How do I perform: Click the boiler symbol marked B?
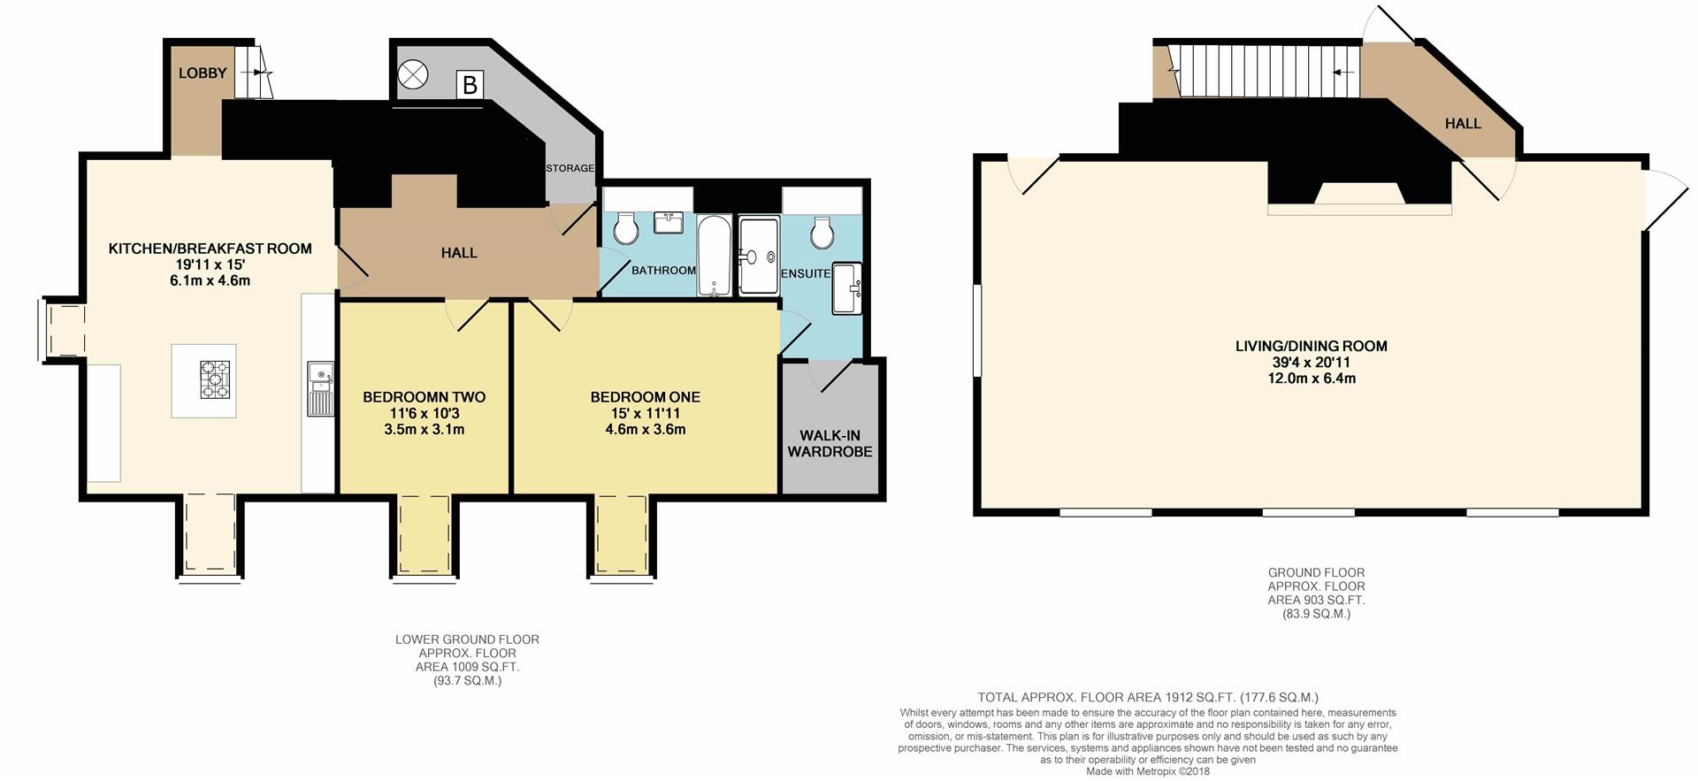tap(470, 84)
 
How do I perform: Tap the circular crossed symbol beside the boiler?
tap(412, 75)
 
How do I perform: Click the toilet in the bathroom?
tap(626, 228)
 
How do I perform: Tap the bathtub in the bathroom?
tap(714, 256)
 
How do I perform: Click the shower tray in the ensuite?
tap(759, 257)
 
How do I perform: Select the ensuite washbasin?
tap(846, 287)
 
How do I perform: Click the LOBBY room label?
tap(203, 73)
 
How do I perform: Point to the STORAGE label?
tap(570, 168)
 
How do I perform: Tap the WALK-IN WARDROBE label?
tap(830, 443)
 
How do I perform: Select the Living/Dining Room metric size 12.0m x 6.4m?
tap(1311, 379)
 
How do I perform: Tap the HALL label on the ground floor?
tap(1463, 124)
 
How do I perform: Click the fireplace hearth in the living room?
tap(1359, 209)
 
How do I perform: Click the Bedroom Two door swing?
tap(466, 315)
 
